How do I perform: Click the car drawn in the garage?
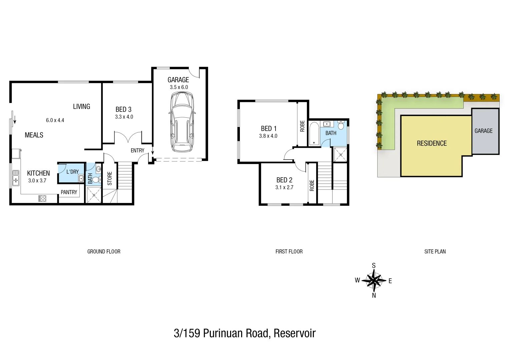[182, 122]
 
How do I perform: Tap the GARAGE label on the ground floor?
[178, 80]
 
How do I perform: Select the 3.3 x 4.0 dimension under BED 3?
[124, 117]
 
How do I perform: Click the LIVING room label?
[81, 107]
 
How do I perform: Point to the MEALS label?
[34, 135]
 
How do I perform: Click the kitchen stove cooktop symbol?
[42, 199]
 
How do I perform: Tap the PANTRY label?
[69, 192]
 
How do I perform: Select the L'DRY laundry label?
[72, 172]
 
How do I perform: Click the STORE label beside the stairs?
[110, 178]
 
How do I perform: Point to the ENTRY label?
[137, 151]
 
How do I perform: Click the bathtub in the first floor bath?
[314, 134]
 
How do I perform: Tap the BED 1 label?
[269, 129]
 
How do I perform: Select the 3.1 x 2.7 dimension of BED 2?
[284, 187]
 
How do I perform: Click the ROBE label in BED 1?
[302, 126]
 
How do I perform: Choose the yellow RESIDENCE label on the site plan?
[432, 143]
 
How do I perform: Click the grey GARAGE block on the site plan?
[485, 131]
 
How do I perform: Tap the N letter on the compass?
[374, 295]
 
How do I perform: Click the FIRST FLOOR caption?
[289, 252]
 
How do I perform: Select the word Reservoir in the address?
[295, 333]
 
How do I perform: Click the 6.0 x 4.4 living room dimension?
[55, 120]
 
